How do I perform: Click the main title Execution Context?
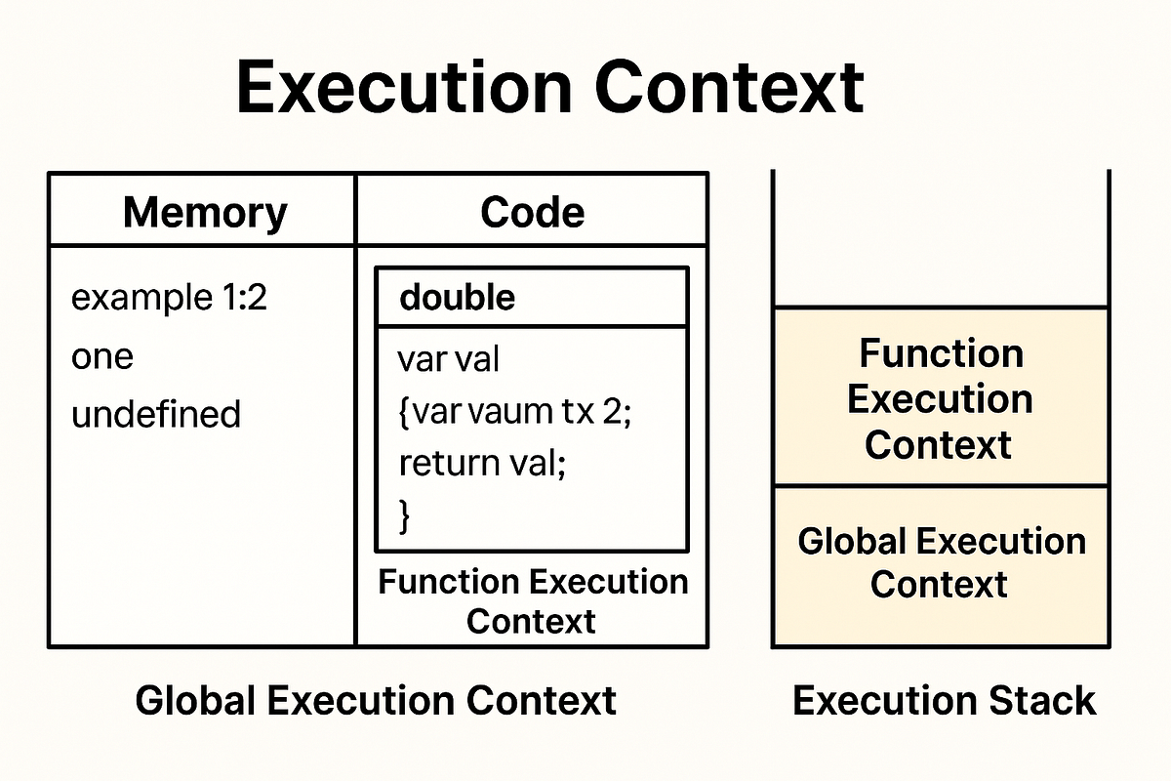coord(549,89)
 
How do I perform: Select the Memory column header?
coord(205,212)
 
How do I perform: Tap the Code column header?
coord(532,212)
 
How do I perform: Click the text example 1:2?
coord(169,299)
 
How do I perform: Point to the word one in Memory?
coord(102,356)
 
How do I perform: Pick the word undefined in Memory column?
coord(156,414)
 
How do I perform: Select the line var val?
coord(448,360)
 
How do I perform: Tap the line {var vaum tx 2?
coord(515,411)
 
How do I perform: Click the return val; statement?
coord(482,462)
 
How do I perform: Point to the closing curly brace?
coord(405,514)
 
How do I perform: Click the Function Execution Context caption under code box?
coord(532,601)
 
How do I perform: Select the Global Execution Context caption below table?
coord(376,701)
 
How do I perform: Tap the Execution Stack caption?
coord(944,701)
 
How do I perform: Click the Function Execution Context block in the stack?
coord(940,398)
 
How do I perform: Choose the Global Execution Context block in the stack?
coord(941,563)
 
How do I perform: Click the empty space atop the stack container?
coord(941,239)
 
